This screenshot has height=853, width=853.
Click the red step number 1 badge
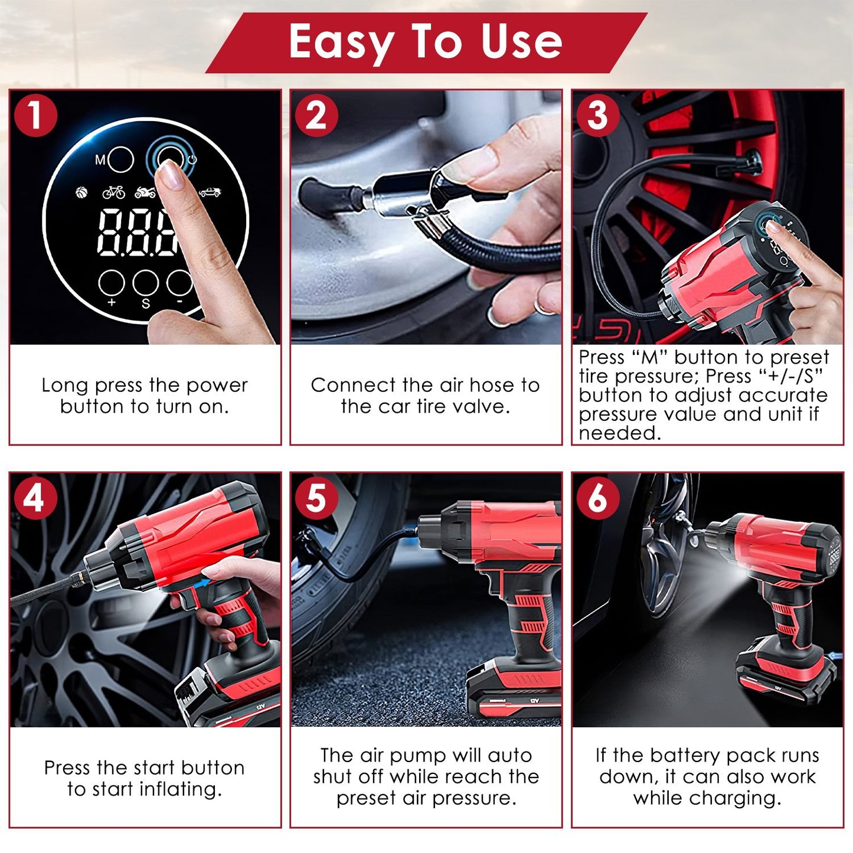point(35,115)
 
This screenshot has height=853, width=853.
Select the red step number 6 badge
point(597,497)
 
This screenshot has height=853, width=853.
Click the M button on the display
point(121,159)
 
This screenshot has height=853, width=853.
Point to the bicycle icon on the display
point(114,192)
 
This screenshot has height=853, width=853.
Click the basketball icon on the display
point(81,192)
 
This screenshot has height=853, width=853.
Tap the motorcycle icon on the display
point(145,192)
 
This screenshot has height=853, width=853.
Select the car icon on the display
point(210,192)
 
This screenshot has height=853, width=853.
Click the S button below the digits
point(145,283)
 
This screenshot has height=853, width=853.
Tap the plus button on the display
point(111,283)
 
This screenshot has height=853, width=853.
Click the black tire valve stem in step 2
point(325,195)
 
